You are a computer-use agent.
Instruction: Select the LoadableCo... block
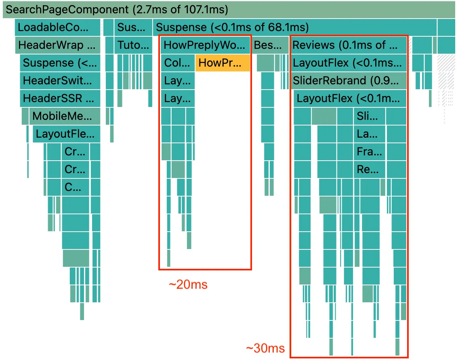pos(58,28)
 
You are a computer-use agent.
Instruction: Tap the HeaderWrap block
pos(58,45)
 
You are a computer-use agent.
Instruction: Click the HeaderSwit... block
pos(60,81)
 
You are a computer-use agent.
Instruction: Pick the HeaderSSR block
pos(60,98)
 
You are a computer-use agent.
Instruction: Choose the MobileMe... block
pos(64,116)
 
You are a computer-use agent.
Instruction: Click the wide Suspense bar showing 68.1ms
pos(295,28)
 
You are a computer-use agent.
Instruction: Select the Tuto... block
pos(134,45)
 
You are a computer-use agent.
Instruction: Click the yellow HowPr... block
pos(223,63)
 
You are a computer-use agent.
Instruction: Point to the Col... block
pos(178,63)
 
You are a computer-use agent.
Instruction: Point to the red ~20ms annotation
pos(188,285)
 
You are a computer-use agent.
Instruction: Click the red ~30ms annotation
pos(265,348)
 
